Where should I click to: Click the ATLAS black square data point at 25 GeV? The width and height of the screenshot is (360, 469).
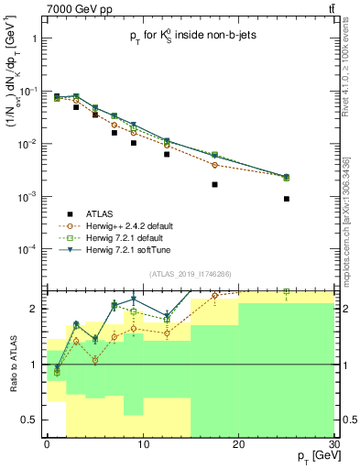287,199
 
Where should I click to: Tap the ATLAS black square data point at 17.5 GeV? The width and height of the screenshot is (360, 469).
214,184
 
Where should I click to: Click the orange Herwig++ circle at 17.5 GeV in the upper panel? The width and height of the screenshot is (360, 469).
214,165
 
